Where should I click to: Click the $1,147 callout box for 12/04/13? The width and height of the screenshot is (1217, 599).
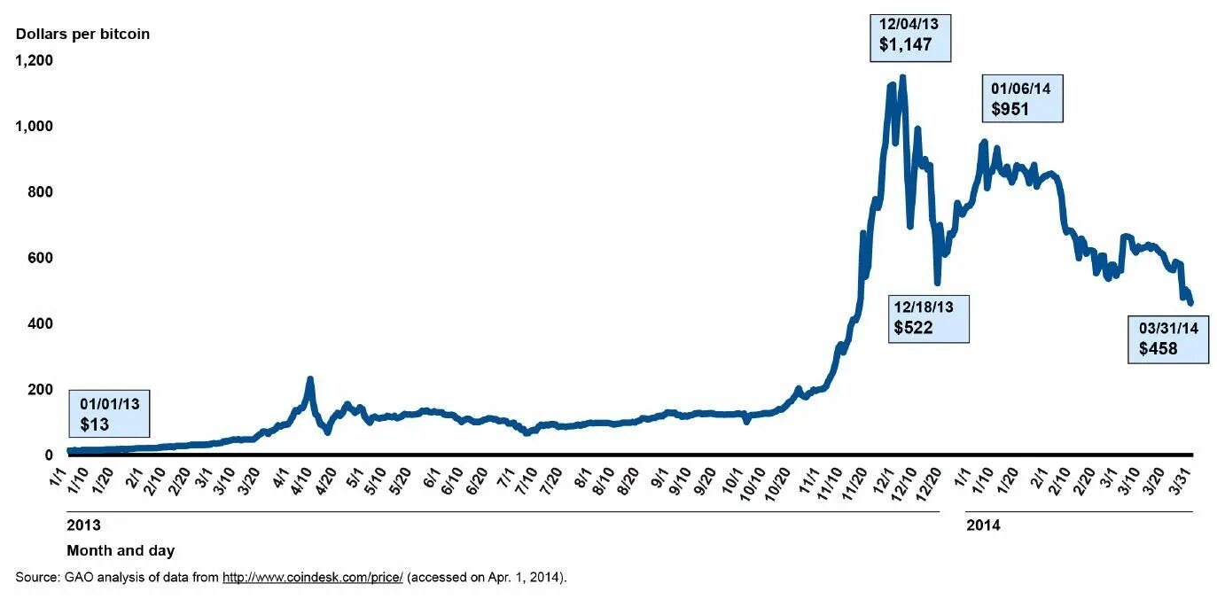pyautogui.click(x=910, y=35)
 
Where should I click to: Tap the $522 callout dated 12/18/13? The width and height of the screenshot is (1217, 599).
pyautogui.click(x=930, y=318)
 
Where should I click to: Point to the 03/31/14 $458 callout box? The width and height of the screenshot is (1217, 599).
pyautogui.click(x=1168, y=338)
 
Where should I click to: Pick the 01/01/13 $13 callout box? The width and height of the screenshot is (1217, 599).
pyautogui.click(x=108, y=414)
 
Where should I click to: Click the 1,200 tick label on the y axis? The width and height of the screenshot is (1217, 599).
pyautogui.click(x=35, y=60)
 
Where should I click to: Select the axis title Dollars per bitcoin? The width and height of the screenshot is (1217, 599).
pyautogui.click(x=82, y=34)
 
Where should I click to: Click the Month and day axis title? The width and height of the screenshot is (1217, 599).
pyautogui.click(x=121, y=551)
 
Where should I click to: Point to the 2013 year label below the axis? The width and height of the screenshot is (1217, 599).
pyautogui.click(x=83, y=525)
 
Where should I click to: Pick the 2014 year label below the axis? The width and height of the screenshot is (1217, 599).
pyautogui.click(x=983, y=525)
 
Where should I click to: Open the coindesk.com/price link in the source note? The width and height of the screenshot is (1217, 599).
pyautogui.click(x=312, y=578)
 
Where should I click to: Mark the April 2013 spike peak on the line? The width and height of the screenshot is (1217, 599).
pyautogui.click(x=310, y=379)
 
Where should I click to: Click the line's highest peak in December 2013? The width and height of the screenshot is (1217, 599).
pyautogui.click(x=902, y=77)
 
